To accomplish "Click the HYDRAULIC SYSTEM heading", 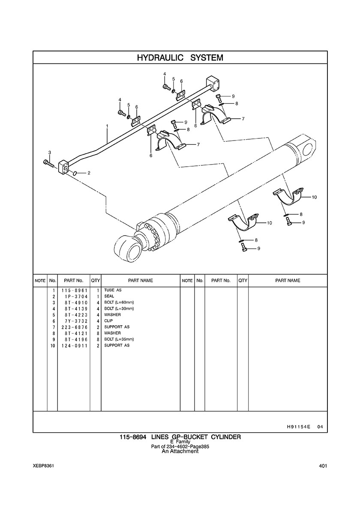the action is tap(180, 58).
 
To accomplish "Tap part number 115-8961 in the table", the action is tap(74, 290).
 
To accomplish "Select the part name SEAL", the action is tap(109, 296).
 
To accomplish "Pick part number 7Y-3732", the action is tap(74, 321).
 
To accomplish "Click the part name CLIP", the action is tap(108, 321).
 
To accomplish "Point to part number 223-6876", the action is tap(74, 327).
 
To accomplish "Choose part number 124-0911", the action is tap(74, 346).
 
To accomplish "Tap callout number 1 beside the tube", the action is tap(107, 126).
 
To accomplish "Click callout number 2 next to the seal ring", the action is tap(89, 173).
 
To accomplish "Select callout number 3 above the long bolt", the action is tap(50, 152).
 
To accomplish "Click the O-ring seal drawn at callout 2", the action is tap(74, 174).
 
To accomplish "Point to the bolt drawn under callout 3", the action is tap(49, 163).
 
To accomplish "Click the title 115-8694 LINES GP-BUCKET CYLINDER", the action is tap(180, 437).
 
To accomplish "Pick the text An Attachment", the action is tap(180, 451).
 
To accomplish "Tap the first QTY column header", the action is tap(96, 281).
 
